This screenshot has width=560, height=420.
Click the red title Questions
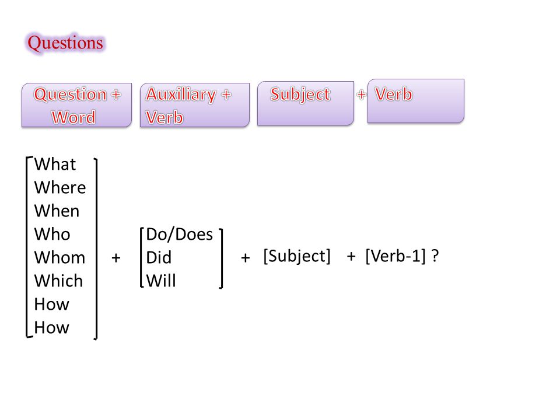pyautogui.click(x=65, y=43)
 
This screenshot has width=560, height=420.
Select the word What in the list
pyautogui.click(x=55, y=164)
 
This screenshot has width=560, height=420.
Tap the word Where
pyautogui.click(x=60, y=188)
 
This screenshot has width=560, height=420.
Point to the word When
pyautogui.click(x=57, y=211)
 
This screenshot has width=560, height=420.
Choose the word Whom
pyautogui.click(x=60, y=257)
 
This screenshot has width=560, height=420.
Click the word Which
pyautogui.click(x=58, y=281)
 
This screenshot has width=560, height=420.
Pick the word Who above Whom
pyautogui.click(x=52, y=235)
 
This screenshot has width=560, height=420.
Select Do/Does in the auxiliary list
pyautogui.click(x=180, y=235)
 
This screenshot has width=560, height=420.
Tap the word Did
pyautogui.click(x=159, y=257)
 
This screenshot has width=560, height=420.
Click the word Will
pyautogui.click(x=161, y=281)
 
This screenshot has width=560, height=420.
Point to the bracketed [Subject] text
pyautogui.click(x=297, y=256)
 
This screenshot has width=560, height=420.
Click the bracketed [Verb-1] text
pyautogui.click(x=395, y=256)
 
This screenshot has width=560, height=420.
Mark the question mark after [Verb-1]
pyautogui.click(x=435, y=256)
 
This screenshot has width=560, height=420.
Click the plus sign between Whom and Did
pyautogui.click(x=116, y=257)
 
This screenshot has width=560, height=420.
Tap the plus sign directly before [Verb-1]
pyautogui.click(x=351, y=256)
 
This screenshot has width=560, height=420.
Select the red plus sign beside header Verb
pyautogui.click(x=362, y=94)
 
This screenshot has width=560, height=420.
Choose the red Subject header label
pyautogui.click(x=300, y=94)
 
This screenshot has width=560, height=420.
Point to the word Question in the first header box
pyautogui.click(x=71, y=94)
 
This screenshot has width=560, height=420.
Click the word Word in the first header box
pyautogui.click(x=73, y=117)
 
